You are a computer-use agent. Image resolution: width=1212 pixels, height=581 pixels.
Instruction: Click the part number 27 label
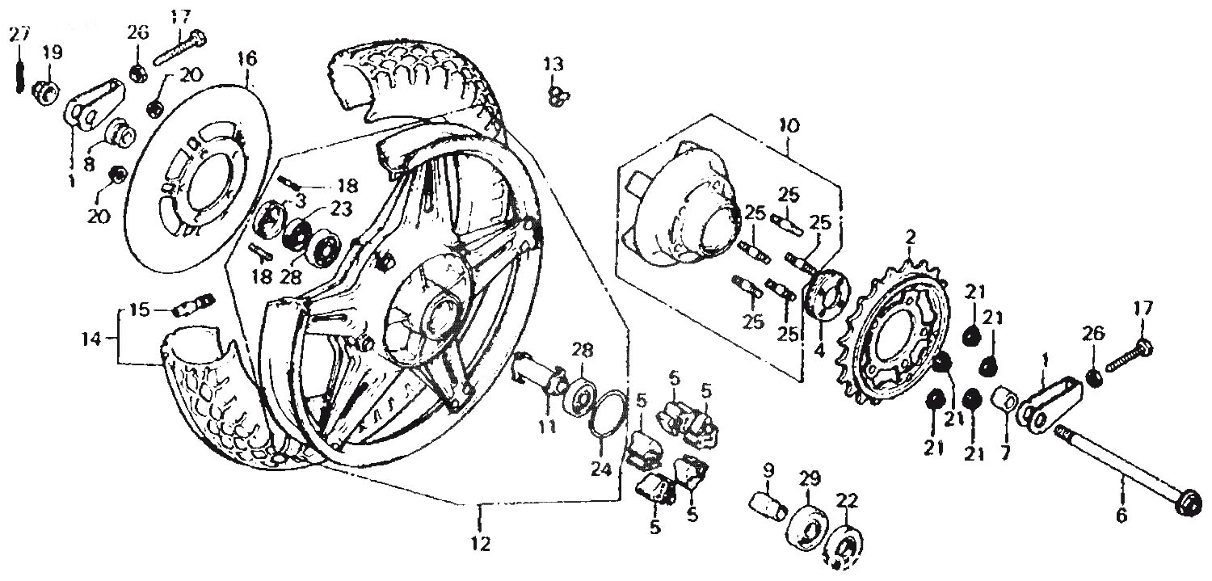coord(20,36)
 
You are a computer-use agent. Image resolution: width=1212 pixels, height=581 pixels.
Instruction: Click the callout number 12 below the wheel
coord(481,543)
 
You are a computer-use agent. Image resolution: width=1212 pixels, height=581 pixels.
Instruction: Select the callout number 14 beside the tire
coord(92,339)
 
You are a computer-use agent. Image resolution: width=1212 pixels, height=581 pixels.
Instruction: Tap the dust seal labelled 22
coord(844,546)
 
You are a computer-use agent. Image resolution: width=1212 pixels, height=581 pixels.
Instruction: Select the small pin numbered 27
coord(20,73)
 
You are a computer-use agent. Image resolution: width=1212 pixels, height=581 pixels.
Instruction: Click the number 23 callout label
coord(342,208)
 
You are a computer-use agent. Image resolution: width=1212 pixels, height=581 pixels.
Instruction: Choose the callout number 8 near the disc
coord(89,163)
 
